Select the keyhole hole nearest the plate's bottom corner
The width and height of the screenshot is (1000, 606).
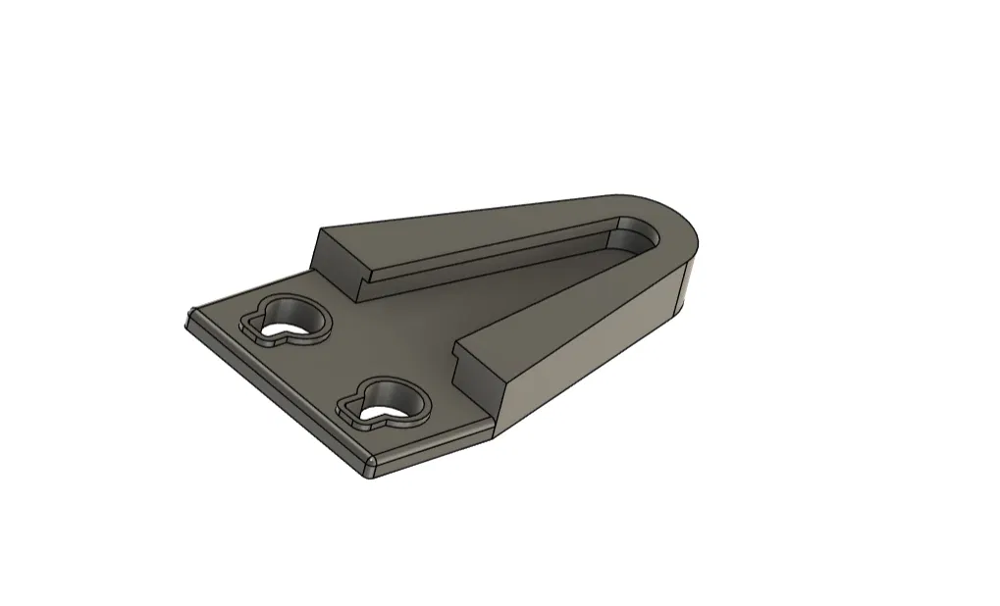pyautogui.click(x=392, y=403)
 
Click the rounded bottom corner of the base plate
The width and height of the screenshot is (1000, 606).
pyautogui.click(x=368, y=468)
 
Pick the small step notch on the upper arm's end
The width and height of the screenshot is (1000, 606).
pyautogui.click(x=361, y=288)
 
